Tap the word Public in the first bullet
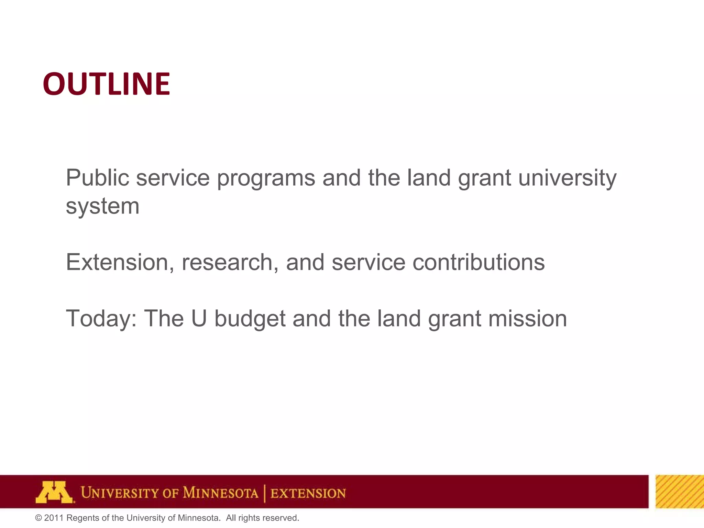coord(97,178)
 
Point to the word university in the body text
coord(567,178)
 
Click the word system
coord(102,207)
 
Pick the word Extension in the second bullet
coord(117,262)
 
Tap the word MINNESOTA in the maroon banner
coord(220,493)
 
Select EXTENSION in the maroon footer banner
coord(308,493)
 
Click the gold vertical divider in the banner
coord(265,493)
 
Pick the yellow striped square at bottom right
coord(680,492)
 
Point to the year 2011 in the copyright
coord(54,518)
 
